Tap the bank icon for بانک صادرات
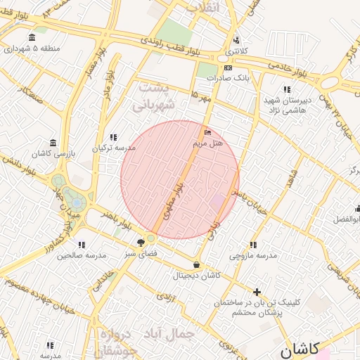click(228, 67)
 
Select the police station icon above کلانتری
click(236, 40)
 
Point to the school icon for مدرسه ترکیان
click(113, 137)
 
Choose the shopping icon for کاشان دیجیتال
click(195, 264)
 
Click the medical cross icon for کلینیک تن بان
click(257, 291)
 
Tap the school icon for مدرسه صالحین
click(82, 244)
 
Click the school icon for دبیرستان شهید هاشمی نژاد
click(287, 89)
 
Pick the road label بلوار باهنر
click(116, 219)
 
